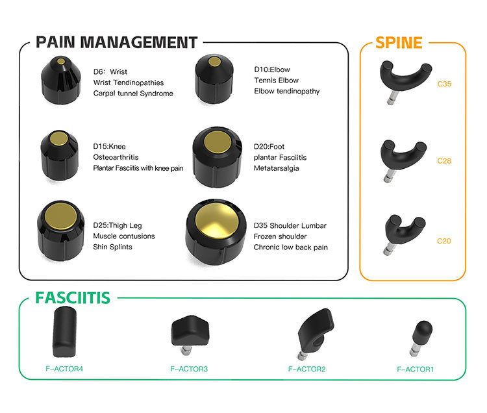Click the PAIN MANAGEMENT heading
[x=116, y=43]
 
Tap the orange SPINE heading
[x=399, y=43]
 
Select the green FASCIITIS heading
[x=72, y=298]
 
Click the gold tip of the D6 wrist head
[x=61, y=62]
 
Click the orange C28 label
[x=444, y=160]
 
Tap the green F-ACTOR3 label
[x=188, y=369]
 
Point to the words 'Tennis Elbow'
[x=276, y=81]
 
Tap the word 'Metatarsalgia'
[x=276, y=169]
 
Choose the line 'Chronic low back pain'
[x=290, y=247]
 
